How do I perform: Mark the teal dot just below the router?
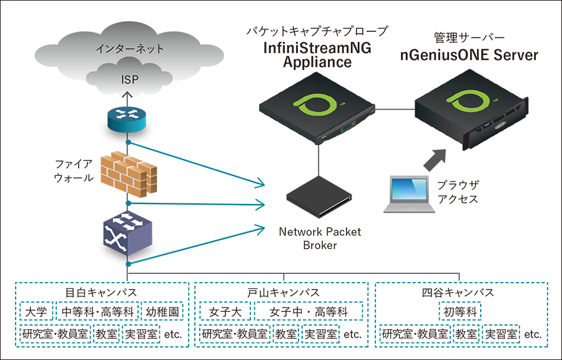[x=128, y=143]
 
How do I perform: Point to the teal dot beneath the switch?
[x=127, y=264]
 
